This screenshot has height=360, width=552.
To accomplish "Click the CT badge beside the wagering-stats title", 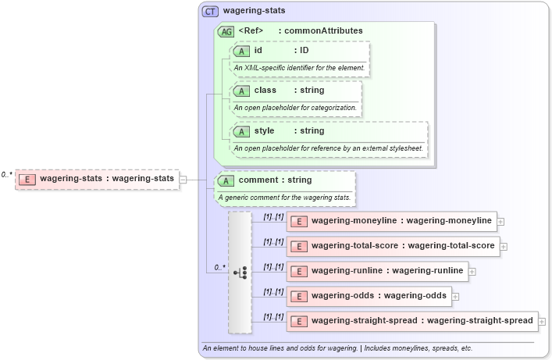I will (x=210, y=12).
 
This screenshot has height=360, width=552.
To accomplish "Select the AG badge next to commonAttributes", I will (x=226, y=31).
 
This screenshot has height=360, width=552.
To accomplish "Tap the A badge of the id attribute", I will (x=241, y=51).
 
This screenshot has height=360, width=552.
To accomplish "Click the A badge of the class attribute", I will (x=241, y=91).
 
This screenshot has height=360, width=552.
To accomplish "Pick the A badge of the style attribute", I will (x=241, y=131).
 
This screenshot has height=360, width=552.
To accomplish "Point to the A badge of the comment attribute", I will (x=226, y=180).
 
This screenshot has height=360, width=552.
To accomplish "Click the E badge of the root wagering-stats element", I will (x=27, y=179).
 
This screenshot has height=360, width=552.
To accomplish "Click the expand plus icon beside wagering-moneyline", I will (x=500, y=222).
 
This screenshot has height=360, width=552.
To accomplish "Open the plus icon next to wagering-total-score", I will (x=504, y=247).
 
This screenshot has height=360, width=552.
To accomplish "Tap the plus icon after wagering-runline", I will (x=472, y=272).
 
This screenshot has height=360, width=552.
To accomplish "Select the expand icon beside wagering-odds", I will (x=455, y=297).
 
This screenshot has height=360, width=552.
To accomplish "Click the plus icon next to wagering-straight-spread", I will (x=542, y=321).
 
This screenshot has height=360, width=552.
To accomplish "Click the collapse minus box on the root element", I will (x=183, y=179).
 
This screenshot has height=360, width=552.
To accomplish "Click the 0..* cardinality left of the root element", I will (x=7, y=175).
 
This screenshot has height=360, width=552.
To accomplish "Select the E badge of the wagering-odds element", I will (x=298, y=296).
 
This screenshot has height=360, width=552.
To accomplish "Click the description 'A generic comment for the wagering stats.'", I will (x=284, y=198).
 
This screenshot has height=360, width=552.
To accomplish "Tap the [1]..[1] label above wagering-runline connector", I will (x=273, y=266).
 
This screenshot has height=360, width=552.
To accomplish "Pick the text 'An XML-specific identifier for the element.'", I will (x=299, y=68).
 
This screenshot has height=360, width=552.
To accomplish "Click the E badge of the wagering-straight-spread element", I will (x=298, y=321).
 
